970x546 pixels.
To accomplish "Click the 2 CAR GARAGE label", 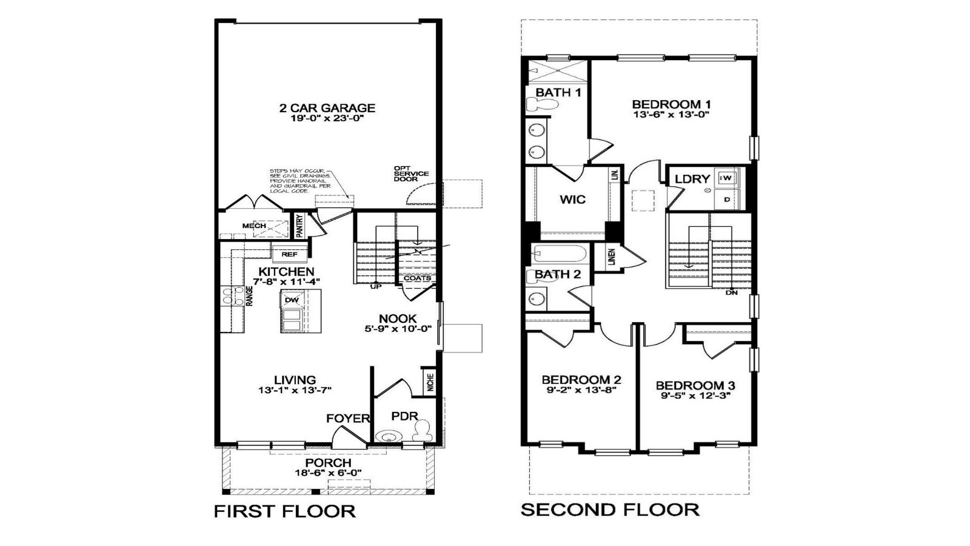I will [x=327, y=108].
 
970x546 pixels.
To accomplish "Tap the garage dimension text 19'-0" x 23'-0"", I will [x=327, y=119].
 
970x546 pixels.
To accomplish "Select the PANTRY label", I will [x=299, y=226].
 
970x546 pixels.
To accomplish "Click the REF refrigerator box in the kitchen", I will [x=289, y=254].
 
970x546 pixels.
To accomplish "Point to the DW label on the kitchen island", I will [x=291, y=300].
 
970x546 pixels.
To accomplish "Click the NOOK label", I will [x=398, y=318].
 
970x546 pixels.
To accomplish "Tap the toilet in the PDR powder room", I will [x=422, y=430].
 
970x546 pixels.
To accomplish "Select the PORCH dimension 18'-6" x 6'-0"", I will [x=328, y=473].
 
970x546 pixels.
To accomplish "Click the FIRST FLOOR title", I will [x=284, y=511].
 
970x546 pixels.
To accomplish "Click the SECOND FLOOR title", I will [x=610, y=510].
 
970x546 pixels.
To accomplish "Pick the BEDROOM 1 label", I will [x=671, y=103].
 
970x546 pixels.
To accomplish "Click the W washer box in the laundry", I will [x=726, y=178].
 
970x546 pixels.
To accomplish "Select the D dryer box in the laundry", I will [x=727, y=199].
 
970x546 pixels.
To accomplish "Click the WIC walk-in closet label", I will [x=572, y=199].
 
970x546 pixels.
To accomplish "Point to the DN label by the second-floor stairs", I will [x=732, y=292].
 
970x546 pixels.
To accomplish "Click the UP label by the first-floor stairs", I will [x=376, y=286].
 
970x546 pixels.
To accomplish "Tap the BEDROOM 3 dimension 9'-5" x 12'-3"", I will [x=695, y=396].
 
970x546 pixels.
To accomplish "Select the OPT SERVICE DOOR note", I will [x=410, y=174].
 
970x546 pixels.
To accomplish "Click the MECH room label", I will [x=254, y=226].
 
